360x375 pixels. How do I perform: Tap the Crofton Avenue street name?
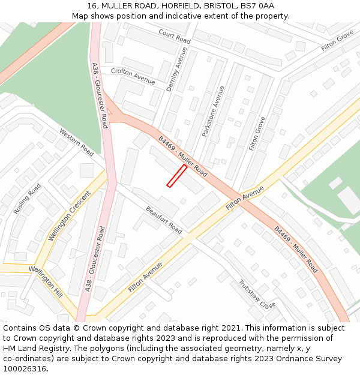click(x=133, y=76)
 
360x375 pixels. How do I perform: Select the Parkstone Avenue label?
click(x=213, y=111)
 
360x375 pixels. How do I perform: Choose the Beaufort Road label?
click(x=164, y=220)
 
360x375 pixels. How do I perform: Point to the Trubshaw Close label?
click(x=257, y=295)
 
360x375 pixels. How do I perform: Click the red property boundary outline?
click(x=176, y=176)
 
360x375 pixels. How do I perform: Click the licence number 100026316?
click(x=25, y=369)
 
